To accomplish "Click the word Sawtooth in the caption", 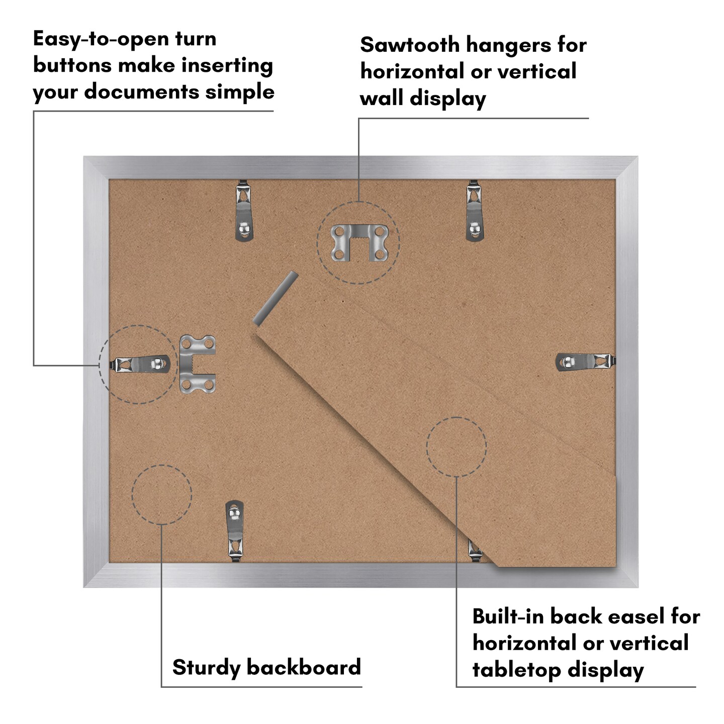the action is tap(410, 45).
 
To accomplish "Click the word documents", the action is tap(142, 92).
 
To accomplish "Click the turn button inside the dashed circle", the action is tap(140, 365).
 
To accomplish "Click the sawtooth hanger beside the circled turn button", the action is tap(197, 364).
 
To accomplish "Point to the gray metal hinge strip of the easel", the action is tap(276, 298).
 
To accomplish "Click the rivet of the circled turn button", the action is tap(157, 364).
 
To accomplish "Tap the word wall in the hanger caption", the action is tap(381, 99).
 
